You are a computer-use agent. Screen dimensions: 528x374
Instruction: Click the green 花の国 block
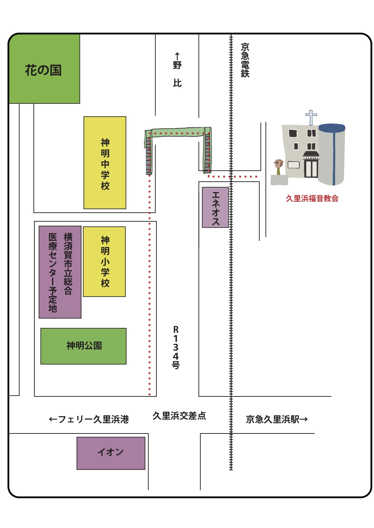tap(44, 69)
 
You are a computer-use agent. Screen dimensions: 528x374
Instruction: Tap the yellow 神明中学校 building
tap(105, 163)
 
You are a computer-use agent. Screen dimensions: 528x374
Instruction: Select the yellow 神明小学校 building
tap(104, 261)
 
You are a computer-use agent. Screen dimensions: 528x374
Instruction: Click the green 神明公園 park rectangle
tap(84, 346)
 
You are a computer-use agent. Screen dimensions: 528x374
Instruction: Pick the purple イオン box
tap(111, 453)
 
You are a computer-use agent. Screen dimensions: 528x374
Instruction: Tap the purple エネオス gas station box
tap(215, 208)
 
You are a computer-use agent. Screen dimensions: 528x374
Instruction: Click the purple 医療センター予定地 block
tap(60, 272)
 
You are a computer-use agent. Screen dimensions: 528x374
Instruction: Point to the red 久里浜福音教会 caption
tap(312, 198)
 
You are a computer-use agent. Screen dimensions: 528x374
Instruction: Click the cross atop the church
tap(311, 117)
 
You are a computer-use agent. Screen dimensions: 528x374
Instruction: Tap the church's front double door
tap(311, 169)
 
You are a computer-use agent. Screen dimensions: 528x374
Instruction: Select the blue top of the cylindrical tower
tap(332, 128)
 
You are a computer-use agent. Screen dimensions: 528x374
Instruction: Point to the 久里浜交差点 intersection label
tap(179, 416)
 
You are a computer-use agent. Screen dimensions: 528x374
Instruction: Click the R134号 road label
tap(176, 347)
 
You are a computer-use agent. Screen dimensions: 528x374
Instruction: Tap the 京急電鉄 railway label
tap(245, 60)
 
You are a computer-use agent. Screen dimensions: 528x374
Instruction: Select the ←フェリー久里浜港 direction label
tap(89, 419)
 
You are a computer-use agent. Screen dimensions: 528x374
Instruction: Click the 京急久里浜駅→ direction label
tap(277, 419)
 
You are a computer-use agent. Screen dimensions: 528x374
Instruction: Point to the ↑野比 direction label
tap(177, 70)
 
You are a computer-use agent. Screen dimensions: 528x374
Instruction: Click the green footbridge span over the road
tap(178, 132)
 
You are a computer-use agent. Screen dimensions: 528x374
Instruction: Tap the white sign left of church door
tap(293, 165)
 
